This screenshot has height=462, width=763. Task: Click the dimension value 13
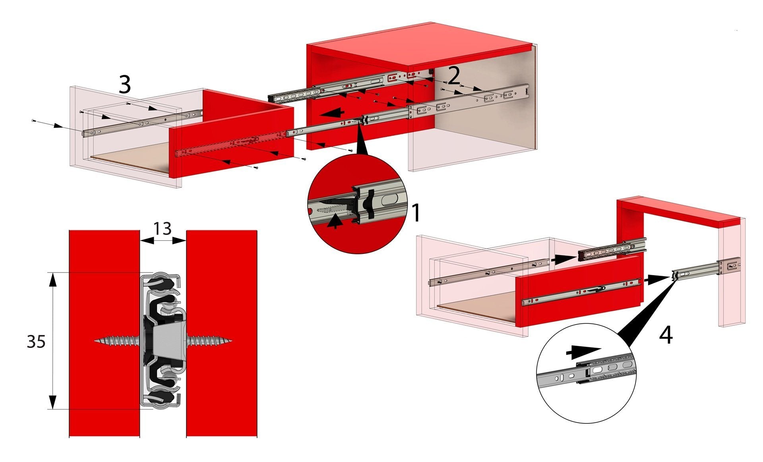point(163,228)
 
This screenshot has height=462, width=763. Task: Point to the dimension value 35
point(36,341)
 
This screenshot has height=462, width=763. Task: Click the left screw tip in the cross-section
point(95,341)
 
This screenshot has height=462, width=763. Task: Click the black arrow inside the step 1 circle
point(335,220)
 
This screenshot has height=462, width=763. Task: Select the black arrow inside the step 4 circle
point(582,351)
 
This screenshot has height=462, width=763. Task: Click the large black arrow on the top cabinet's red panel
point(333,113)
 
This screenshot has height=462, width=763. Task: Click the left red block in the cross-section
point(105,333)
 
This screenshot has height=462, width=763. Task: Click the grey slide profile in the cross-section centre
point(165,341)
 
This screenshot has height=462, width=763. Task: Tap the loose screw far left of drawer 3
point(34,120)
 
